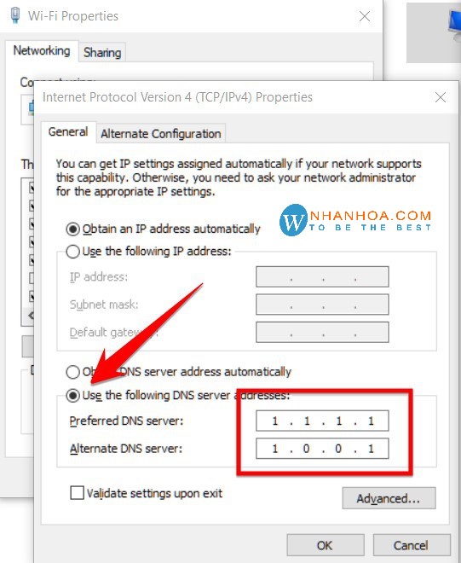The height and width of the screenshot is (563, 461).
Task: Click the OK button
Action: pos(325,545)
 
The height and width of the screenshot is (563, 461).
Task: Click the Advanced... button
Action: pos(389,498)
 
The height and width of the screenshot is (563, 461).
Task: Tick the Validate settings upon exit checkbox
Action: pos(78,492)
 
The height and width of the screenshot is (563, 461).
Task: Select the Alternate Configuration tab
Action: pos(161,133)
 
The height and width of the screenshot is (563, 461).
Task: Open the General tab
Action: pos(68,132)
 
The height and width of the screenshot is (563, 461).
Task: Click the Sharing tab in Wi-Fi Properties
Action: pos(102,52)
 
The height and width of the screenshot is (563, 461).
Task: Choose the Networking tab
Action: pos(42,50)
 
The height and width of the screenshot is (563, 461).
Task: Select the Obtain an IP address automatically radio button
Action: pos(73,229)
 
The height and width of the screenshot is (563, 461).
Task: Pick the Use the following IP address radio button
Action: pos(73,252)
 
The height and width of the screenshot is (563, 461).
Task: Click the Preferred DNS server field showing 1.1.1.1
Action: pos(322,421)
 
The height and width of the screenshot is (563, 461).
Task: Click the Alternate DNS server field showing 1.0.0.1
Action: pos(322,449)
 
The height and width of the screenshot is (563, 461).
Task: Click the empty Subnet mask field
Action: pos(322,305)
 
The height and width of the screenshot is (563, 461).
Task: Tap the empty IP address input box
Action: pos(322,276)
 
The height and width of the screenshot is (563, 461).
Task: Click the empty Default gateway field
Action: pos(322,332)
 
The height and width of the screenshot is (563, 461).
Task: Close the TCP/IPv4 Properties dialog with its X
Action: pos(441,97)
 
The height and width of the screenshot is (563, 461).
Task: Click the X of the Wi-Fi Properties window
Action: pos(365,16)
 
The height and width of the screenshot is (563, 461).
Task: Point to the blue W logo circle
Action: pos(294,220)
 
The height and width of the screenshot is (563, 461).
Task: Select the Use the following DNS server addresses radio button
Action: pos(73,396)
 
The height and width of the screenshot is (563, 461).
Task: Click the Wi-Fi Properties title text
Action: pos(73,16)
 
